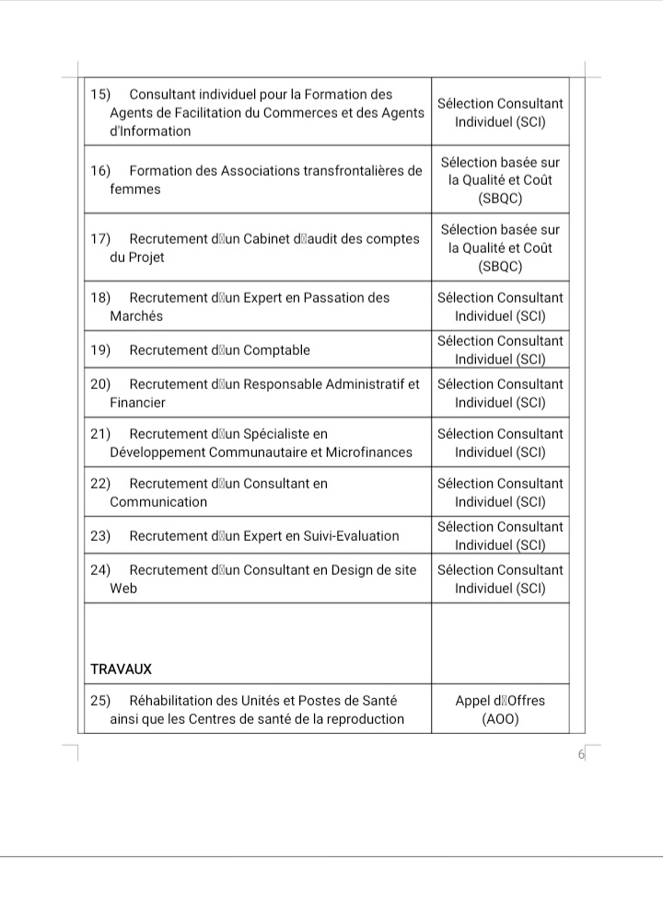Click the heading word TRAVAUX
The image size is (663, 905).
[x=121, y=669]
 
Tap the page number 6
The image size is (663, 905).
[x=581, y=755]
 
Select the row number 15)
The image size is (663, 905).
[x=100, y=95]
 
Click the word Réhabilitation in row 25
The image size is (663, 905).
[x=174, y=701]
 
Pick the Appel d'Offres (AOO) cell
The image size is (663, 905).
[x=500, y=710]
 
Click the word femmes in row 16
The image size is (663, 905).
[x=134, y=189]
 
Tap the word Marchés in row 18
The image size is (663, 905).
[x=136, y=316]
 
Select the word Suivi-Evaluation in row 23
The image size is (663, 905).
[x=345, y=536]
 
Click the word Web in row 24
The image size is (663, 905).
[x=123, y=589]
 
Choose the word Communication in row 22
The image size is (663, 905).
[x=158, y=502]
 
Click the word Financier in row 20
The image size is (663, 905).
[x=138, y=403]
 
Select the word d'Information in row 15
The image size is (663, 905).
[x=150, y=132]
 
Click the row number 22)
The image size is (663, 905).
[x=100, y=484]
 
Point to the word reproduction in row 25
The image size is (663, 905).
[x=363, y=719]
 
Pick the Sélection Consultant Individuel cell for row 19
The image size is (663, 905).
[x=500, y=350]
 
